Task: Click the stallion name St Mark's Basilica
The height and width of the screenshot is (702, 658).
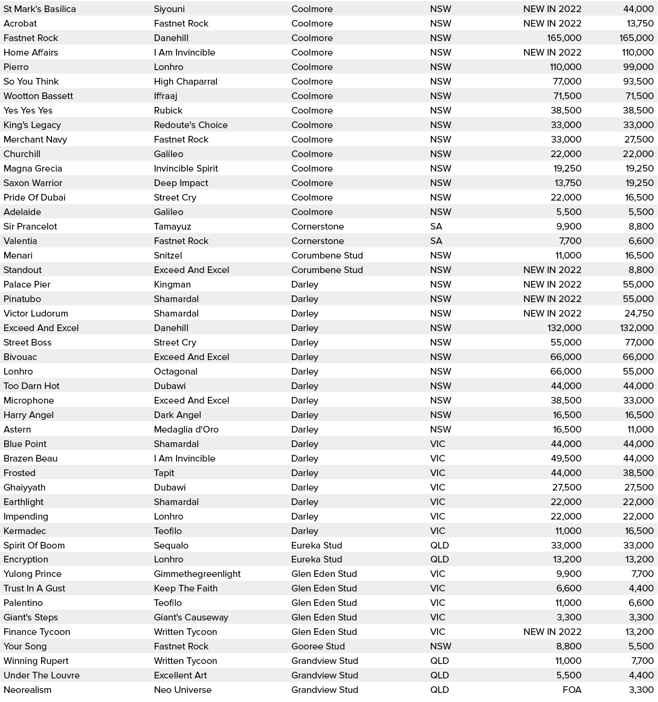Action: pos(40,9)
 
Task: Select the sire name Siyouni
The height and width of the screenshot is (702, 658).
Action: pos(169,9)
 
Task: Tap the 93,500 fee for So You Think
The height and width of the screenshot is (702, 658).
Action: pos(638,82)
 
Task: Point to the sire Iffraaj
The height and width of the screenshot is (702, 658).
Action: pos(166,96)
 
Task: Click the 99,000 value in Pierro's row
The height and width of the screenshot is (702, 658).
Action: pos(638,67)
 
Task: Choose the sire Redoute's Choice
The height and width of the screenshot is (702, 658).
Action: pos(190,125)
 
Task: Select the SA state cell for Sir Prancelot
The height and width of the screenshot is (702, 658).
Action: pos(436,227)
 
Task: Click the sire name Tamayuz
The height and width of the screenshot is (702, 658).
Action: pos(172,227)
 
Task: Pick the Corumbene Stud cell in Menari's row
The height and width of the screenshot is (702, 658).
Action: pos(327,256)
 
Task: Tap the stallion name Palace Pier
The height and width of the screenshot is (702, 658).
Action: pos(27,285)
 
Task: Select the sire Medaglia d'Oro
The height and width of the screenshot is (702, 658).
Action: pos(186,430)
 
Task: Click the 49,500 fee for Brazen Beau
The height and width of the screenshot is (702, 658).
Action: pos(566,459)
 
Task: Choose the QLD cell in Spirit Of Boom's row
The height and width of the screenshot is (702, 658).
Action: pos(439,546)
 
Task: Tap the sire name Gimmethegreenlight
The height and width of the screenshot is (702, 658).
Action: pos(197,574)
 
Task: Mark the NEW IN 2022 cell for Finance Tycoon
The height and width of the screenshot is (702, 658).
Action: pos(552,632)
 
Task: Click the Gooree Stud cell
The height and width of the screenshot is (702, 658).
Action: pos(318,646)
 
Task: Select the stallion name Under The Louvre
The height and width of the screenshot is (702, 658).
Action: pos(42,675)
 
